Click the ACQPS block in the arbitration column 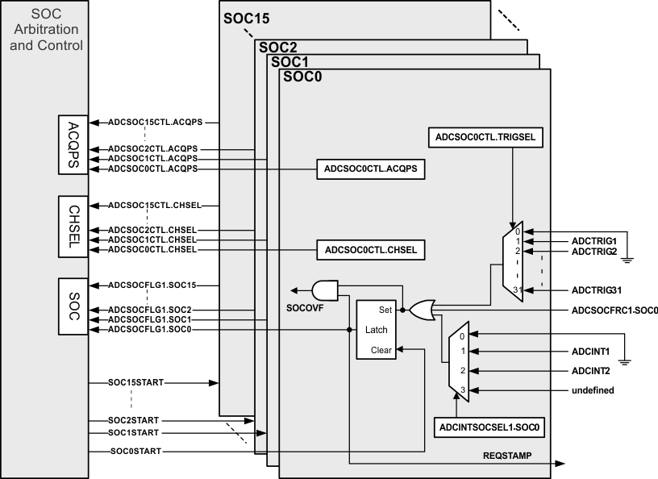[73, 144]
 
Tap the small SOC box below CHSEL [73, 306]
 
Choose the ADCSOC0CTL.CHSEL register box [370, 250]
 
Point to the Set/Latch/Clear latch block [376, 329]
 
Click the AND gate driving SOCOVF [325, 289]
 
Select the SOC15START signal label [135, 381]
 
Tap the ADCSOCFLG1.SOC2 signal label [152, 310]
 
